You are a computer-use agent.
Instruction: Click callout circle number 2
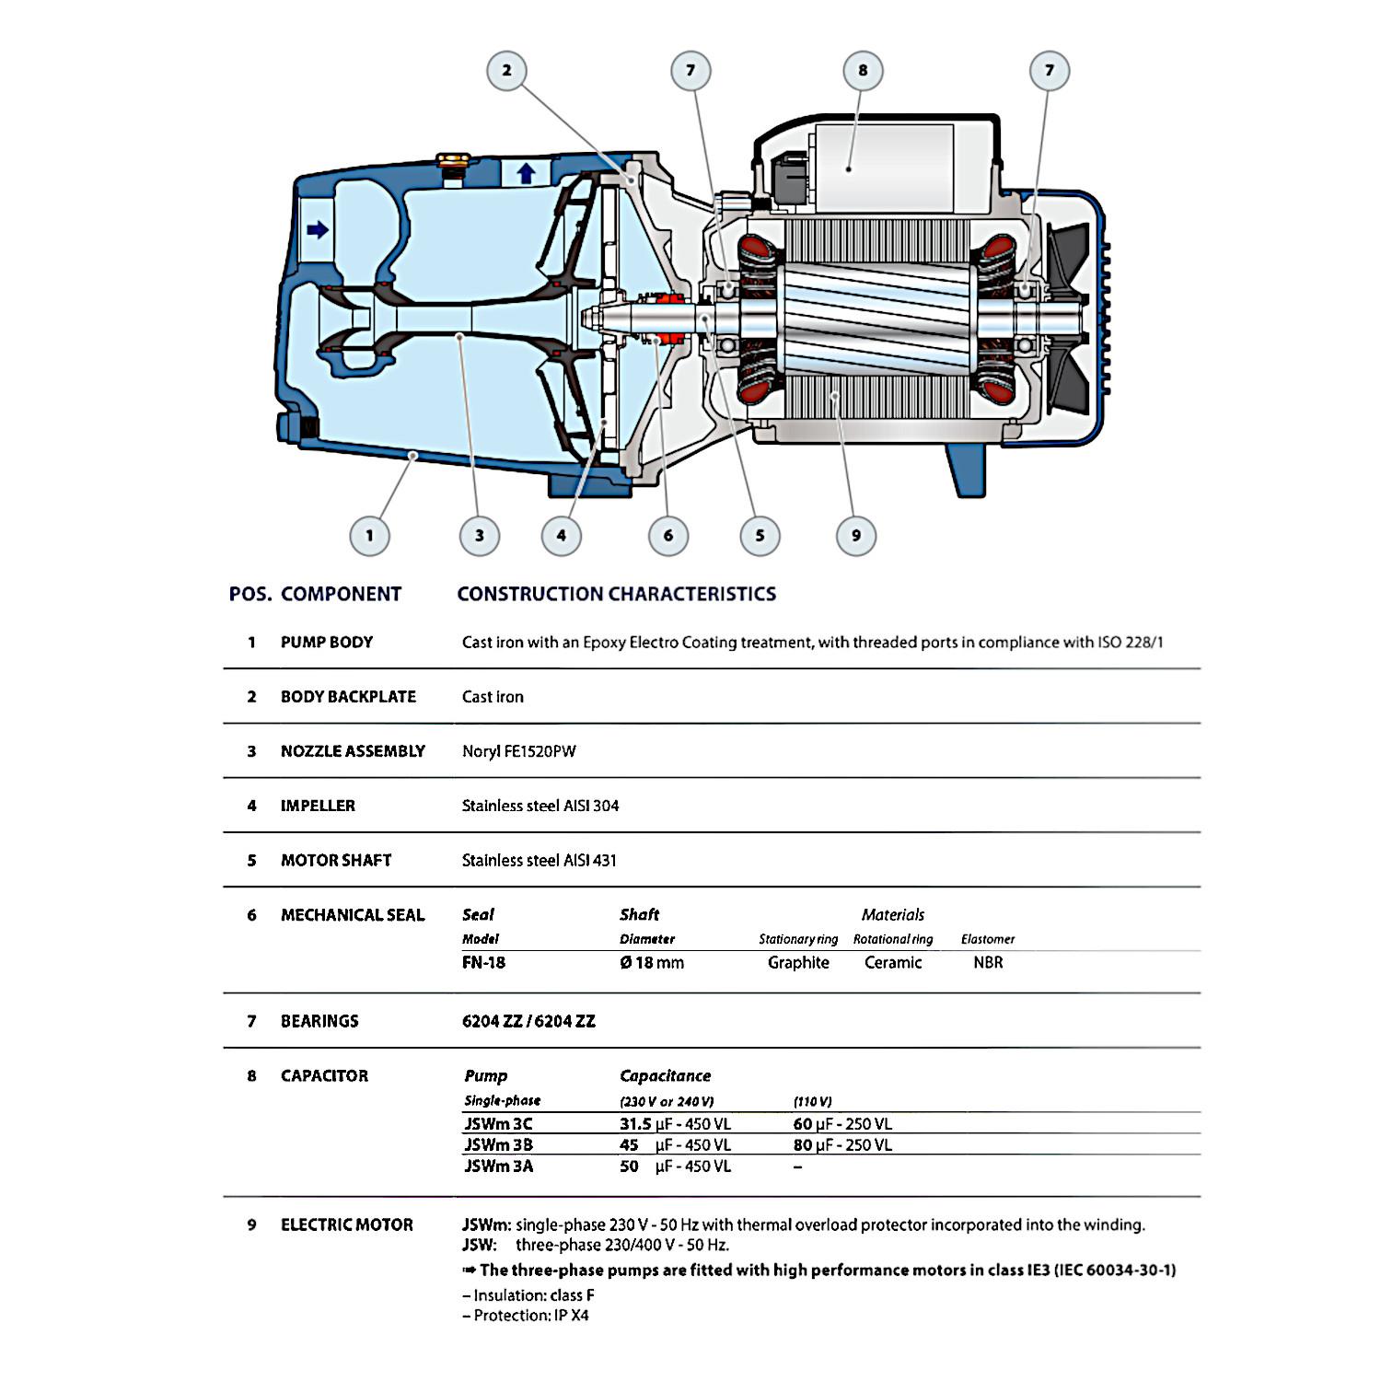tap(506, 70)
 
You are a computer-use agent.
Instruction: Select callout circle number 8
tap(863, 70)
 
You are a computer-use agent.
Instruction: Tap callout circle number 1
tap(369, 535)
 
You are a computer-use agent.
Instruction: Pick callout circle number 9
tap(856, 535)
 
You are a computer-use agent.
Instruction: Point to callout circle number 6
tap(668, 535)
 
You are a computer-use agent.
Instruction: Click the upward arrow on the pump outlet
tap(526, 173)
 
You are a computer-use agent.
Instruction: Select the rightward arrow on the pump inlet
tap(318, 229)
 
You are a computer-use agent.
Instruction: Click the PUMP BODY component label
tap(327, 642)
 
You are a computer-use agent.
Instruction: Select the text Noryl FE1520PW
tap(519, 751)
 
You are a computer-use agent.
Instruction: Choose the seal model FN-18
tap(484, 962)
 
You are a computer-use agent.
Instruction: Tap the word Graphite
tap(798, 962)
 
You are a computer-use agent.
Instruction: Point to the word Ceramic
tap(893, 962)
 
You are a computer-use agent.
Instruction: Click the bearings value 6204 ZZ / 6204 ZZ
tap(528, 1021)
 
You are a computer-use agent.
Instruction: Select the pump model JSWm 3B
tap(498, 1145)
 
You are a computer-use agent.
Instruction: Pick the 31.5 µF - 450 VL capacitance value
tap(675, 1124)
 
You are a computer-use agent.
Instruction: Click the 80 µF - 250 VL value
tap(842, 1145)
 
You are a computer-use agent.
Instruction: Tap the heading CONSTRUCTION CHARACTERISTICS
tap(617, 594)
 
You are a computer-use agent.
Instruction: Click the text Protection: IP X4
tap(526, 1316)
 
